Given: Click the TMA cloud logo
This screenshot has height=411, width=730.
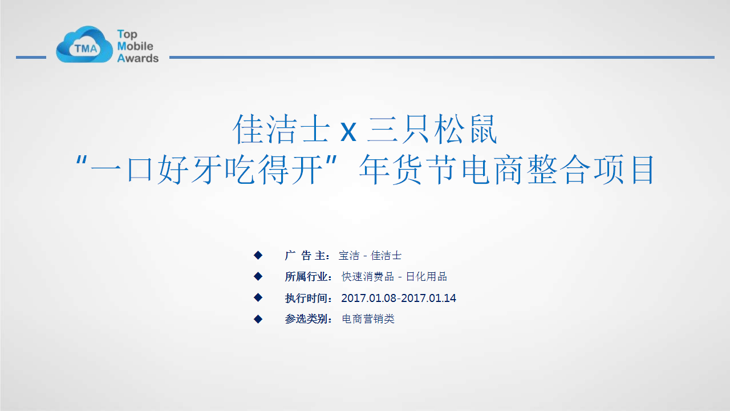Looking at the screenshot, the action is (84, 45).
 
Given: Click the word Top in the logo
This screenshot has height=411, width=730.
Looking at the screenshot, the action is (127, 34).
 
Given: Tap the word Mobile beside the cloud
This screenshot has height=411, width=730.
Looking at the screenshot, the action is (135, 46).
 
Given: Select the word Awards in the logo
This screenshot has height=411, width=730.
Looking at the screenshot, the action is (137, 58).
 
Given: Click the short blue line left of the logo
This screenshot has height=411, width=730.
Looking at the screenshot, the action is (31, 58).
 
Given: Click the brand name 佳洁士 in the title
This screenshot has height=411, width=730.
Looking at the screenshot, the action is (282, 130).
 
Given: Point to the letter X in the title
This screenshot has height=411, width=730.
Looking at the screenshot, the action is (348, 132).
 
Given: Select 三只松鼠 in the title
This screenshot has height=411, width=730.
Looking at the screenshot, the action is (432, 130).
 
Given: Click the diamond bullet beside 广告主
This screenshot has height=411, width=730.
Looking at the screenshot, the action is (258, 255).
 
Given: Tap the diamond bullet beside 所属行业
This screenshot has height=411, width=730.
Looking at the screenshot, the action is (258, 277).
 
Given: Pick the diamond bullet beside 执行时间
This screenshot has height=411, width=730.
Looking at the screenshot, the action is (258, 298).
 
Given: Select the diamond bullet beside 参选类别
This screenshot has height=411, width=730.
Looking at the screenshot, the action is (258, 319).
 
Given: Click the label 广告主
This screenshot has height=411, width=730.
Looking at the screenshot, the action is (305, 255).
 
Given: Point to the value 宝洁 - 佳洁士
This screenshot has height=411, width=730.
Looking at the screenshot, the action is (370, 255).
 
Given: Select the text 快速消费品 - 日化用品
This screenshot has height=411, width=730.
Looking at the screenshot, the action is (394, 277).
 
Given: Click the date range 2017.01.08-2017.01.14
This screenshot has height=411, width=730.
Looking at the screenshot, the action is (399, 298).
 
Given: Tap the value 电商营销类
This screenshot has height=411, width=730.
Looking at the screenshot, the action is (368, 319).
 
